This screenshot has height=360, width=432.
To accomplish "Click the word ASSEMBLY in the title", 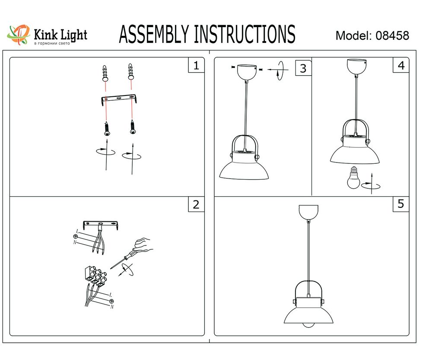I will tap(154, 35).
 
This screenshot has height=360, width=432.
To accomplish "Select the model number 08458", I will tap(392, 35).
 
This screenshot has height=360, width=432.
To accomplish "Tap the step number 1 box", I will tap(196, 66).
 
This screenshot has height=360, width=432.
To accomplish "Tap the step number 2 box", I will tap(196, 204).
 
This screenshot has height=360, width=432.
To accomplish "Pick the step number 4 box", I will tap(401, 66).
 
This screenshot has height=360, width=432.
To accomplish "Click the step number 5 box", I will tap(401, 204).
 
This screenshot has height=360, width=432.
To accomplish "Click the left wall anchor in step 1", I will tap(105, 73).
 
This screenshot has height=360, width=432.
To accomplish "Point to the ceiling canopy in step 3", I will tap(245, 72).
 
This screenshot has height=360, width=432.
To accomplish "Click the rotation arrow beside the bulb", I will tap(371, 185).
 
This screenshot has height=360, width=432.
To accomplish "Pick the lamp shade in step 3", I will tap(245, 169).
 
